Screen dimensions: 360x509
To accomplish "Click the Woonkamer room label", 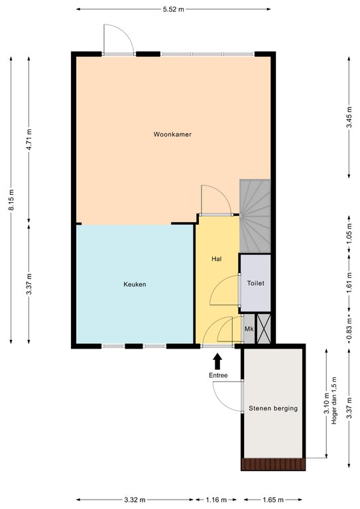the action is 172,134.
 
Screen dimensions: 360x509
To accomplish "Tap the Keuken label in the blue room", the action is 135,284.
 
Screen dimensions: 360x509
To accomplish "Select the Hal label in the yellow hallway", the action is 217,258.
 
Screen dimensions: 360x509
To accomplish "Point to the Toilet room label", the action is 255,283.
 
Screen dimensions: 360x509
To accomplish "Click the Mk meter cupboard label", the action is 249,329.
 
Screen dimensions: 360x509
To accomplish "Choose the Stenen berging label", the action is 273,408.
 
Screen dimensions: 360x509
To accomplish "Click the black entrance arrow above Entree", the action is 217,361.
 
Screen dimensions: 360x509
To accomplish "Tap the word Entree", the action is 218,375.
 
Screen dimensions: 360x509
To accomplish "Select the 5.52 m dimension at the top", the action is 173,9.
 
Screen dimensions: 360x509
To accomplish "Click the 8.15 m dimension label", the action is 11,199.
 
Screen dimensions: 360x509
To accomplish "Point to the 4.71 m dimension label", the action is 29,139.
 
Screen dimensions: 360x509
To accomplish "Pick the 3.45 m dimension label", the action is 349,117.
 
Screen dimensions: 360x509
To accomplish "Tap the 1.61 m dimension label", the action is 349,283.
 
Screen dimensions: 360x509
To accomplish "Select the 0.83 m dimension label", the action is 349,329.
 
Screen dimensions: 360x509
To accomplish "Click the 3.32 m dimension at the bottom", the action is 135,500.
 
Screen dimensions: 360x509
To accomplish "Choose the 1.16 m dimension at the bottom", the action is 217,500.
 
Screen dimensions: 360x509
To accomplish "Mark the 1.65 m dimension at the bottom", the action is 273,500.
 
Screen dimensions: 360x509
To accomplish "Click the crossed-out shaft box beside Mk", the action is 263,329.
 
